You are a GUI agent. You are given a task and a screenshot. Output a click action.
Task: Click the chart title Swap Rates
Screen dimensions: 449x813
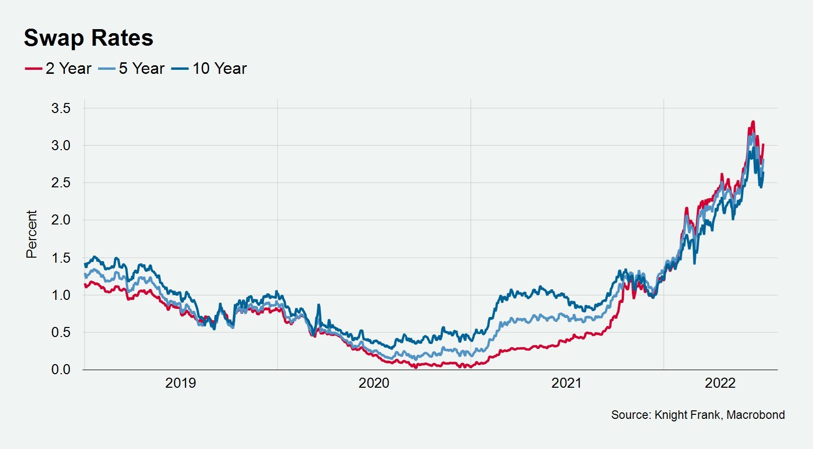tap(88, 38)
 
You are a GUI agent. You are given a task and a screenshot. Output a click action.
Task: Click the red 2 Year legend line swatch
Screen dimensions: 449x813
tap(33, 68)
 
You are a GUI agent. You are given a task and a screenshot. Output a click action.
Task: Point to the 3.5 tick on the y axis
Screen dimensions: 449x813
tap(61, 108)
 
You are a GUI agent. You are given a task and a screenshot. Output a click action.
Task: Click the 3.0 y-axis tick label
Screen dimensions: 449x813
tap(61, 146)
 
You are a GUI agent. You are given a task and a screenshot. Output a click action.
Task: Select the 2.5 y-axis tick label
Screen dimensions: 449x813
tap(61, 183)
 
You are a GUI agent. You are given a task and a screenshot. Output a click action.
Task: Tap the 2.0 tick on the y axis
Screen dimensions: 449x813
tap(61, 220)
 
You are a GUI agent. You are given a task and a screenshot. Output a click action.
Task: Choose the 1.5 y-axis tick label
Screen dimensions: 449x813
tap(61, 258)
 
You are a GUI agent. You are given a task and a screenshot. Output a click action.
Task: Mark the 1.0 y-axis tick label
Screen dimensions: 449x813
tap(61, 295)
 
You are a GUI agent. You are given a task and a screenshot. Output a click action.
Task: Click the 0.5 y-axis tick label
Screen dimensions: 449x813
tap(61, 332)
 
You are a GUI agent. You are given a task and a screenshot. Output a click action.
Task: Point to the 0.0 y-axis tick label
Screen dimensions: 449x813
tap(61, 370)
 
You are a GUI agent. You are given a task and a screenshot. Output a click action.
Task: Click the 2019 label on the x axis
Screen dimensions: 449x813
tap(180, 383)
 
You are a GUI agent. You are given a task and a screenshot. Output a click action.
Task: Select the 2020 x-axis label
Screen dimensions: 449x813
tap(374, 383)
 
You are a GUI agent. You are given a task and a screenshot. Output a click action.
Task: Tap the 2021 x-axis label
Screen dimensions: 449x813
tap(567, 383)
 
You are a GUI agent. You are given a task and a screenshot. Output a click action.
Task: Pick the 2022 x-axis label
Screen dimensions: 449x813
tap(720, 383)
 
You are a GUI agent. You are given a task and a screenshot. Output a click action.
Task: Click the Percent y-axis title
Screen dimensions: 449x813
tap(32, 234)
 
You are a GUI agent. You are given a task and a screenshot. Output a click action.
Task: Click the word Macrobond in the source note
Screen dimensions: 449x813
tap(756, 415)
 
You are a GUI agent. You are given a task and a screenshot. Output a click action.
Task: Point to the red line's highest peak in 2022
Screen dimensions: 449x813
tap(753, 122)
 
